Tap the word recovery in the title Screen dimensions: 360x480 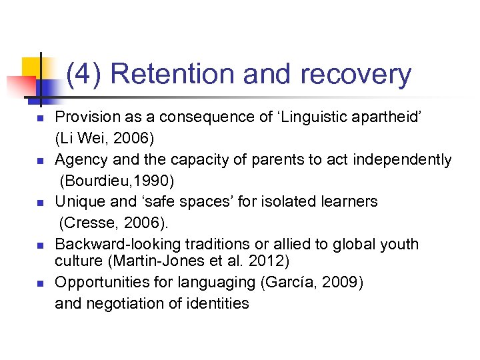[355, 75]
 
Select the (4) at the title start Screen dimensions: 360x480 [84, 75]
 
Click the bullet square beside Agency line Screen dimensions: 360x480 [39, 161]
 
